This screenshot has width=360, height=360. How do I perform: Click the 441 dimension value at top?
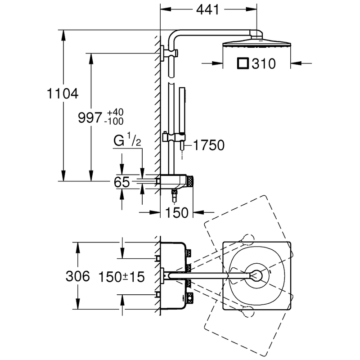click(x=207, y=9)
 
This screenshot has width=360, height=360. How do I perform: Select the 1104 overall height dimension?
click(x=63, y=94)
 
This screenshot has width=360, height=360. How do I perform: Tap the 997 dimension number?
click(x=90, y=118)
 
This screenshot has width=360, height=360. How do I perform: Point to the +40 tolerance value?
click(x=115, y=112)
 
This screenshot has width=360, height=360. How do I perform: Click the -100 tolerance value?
click(x=114, y=121)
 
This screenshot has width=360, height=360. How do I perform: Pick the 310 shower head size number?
click(x=263, y=63)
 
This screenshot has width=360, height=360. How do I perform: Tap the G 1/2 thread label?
click(x=127, y=141)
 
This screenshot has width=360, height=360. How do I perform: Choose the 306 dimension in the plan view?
click(x=77, y=275)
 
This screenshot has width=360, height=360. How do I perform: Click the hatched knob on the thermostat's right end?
click(x=190, y=181)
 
